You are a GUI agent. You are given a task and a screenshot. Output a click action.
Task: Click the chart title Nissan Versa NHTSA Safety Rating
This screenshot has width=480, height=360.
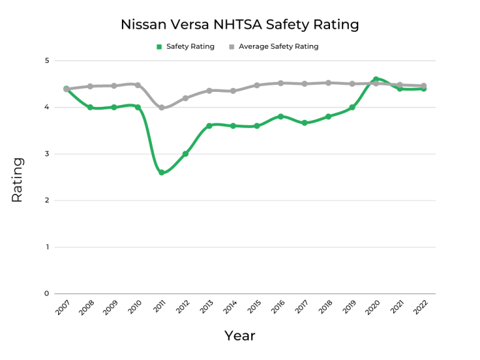pyautogui.click(x=240, y=25)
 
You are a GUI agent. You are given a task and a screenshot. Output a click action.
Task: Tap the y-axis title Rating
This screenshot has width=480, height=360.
pyautogui.click(x=17, y=179)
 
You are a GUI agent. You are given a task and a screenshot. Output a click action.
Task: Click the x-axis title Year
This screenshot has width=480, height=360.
pyautogui.click(x=240, y=336)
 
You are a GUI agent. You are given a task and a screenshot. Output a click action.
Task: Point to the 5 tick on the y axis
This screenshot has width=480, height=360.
pyautogui.click(x=46, y=61)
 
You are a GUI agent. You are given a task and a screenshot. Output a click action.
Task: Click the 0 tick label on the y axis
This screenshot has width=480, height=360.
pyautogui.click(x=46, y=294)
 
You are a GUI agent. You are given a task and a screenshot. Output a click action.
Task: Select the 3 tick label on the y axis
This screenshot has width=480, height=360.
pyautogui.click(x=46, y=154)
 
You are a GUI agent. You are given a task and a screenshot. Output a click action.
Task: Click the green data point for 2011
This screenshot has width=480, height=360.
pyautogui.click(x=161, y=172)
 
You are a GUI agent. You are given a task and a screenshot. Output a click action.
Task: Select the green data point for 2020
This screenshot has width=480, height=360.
pyautogui.click(x=376, y=79)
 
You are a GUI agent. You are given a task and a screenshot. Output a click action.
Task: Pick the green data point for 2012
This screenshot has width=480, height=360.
pyautogui.click(x=186, y=154)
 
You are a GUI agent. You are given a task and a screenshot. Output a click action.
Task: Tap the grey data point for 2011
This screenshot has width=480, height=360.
pyautogui.click(x=161, y=107)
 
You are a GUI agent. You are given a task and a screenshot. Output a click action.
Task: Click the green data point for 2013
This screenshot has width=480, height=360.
pyautogui.click(x=209, y=126)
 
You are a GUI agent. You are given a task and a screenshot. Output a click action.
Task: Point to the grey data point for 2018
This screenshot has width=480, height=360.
pyautogui.click(x=328, y=82)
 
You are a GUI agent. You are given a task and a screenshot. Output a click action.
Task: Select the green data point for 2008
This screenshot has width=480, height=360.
pyautogui.click(x=90, y=107)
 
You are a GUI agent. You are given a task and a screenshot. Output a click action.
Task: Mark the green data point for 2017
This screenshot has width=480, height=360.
pyautogui.click(x=304, y=122)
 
